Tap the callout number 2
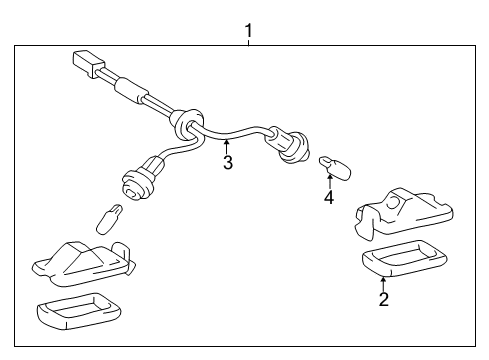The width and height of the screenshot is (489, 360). pyautogui.click(x=383, y=299)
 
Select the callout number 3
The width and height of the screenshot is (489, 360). pyautogui.click(x=228, y=163)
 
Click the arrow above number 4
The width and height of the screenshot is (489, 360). pyautogui.click(x=328, y=179)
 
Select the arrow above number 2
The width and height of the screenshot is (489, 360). pyautogui.click(x=383, y=282)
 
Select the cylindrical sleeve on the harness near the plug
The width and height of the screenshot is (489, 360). pyautogui.click(x=125, y=89)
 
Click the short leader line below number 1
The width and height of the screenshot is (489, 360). pyautogui.click(x=249, y=42)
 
